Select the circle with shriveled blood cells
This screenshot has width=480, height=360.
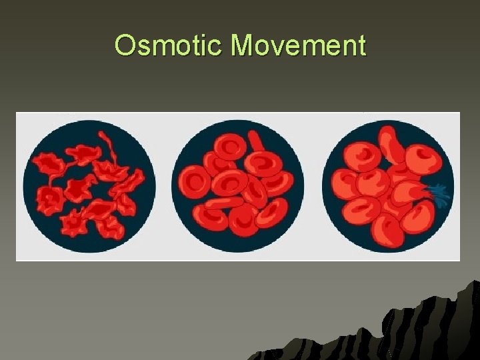pyautogui.click(x=89, y=185)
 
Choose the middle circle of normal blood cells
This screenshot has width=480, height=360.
pyautogui.click(x=238, y=185)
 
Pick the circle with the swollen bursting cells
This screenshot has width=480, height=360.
pyautogui.click(x=388, y=185)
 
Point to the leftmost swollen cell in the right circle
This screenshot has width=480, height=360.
pyautogui.click(x=344, y=183)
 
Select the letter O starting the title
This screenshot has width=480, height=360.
pyautogui.click(x=125, y=46)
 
